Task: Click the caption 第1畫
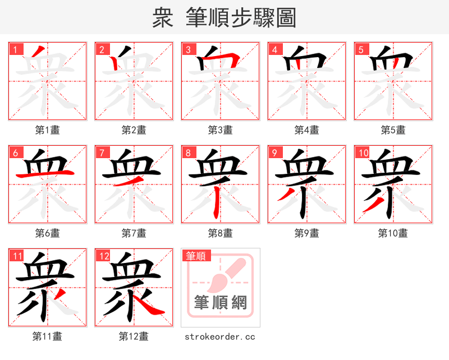(x=48, y=130)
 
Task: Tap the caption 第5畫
(x=393, y=130)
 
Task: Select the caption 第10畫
(x=393, y=233)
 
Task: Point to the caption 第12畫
(x=134, y=336)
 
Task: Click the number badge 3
(x=188, y=49)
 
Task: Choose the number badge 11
(x=16, y=256)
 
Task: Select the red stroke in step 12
(x=150, y=305)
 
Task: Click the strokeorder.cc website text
(x=219, y=336)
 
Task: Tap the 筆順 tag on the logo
(x=196, y=256)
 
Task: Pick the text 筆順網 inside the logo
(x=221, y=302)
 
